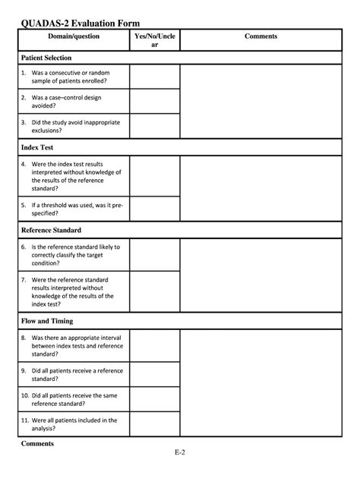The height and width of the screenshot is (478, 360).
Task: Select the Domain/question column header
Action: click(x=73, y=36)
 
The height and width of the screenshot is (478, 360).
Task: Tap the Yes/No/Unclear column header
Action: click(x=155, y=41)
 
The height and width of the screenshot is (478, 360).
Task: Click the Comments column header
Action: click(x=261, y=36)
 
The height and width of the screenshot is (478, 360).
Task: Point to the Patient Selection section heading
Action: click(x=46, y=58)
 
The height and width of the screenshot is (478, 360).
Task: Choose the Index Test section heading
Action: click(x=37, y=147)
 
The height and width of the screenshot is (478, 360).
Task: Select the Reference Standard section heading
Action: click(x=51, y=230)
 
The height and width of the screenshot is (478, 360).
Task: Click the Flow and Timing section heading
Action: click(x=48, y=321)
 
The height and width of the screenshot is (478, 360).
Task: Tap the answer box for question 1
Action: click(x=155, y=77)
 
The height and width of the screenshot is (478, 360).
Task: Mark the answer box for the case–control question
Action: click(x=155, y=102)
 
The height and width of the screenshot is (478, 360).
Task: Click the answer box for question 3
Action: click(x=155, y=126)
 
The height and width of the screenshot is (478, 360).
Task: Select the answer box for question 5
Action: click(x=155, y=209)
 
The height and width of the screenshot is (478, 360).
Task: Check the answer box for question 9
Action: click(x=155, y=375)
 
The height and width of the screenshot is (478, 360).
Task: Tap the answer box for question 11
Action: click(x=155, y=423)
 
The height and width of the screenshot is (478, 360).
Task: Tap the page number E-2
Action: click(x=180, y=453)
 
